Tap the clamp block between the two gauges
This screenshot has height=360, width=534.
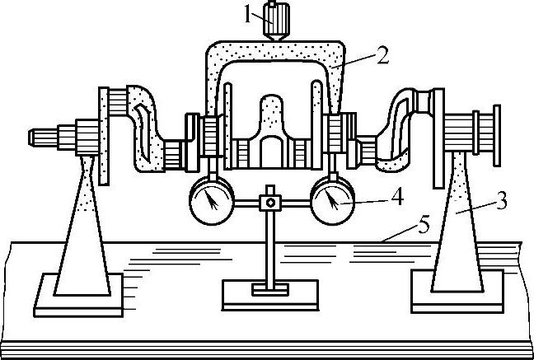point(267,200)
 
